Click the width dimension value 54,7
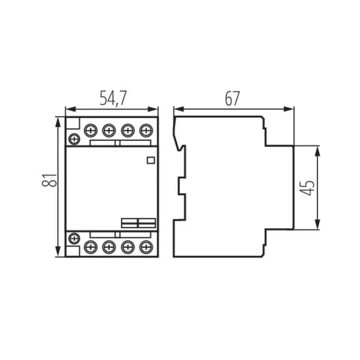click(x=112, y=98)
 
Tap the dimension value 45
click(x=307, y=188)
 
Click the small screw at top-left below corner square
click(x=74, y=139)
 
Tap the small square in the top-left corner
click(x=73, y=124)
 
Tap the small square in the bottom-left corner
click(x=73, y=251)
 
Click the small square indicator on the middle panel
click(x=151, y=160)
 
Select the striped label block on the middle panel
click(x=139, y=223)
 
